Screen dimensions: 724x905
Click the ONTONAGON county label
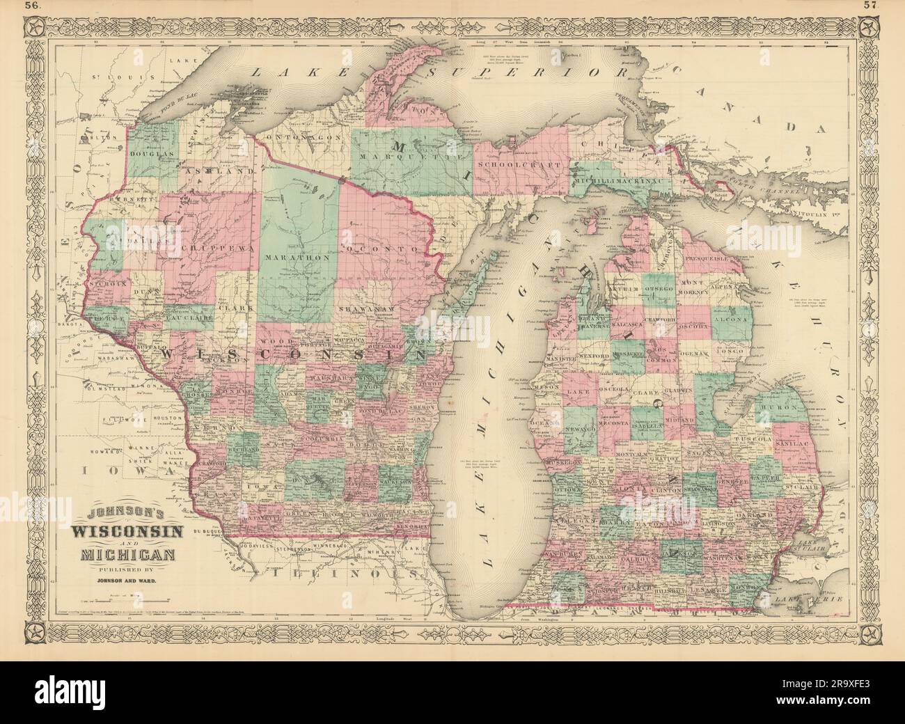pyautogui.click(x=306, y=138)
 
